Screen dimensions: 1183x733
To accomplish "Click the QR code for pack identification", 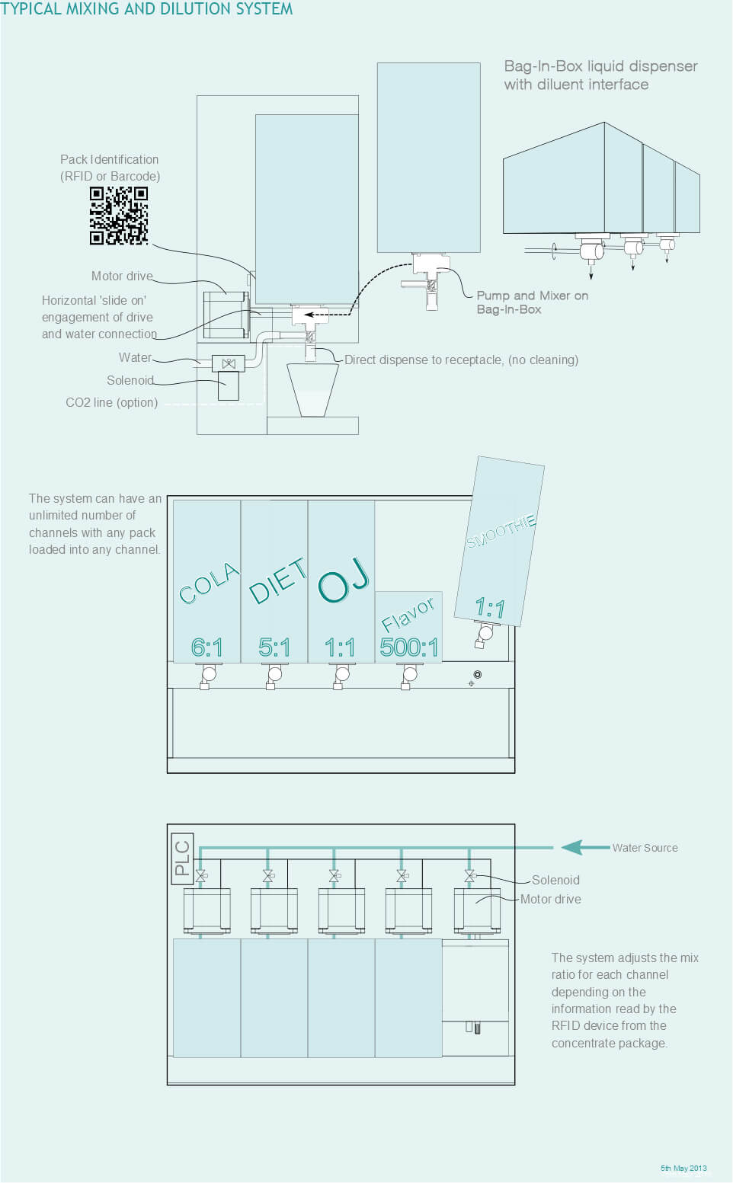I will coord(118,216).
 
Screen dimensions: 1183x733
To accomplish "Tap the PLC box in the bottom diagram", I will coord(182,858).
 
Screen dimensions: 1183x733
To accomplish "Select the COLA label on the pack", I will coord(209,584).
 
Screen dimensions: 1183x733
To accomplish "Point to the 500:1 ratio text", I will coord(409,647).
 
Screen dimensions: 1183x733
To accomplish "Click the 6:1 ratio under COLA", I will coord(207,647).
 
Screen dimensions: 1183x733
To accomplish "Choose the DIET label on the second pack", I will coord(277,580).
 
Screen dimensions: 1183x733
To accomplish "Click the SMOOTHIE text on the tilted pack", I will coord(501,531).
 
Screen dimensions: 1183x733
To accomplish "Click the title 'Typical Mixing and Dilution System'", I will coord(146,9).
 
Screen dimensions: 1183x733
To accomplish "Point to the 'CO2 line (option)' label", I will coord(112,402).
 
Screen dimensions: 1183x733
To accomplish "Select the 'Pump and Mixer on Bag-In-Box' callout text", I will coord(532,302).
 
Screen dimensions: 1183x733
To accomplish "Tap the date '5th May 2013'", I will coord(683,1168).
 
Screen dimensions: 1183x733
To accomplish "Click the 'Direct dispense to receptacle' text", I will coord(461,360).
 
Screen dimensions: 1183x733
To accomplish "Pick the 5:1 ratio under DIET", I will coord(274,647).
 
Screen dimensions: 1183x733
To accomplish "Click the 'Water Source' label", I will coord(645,848).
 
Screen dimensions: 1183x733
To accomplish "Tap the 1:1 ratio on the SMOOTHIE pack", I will coord(490,608).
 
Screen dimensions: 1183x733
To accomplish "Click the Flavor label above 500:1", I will coord(408,614).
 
